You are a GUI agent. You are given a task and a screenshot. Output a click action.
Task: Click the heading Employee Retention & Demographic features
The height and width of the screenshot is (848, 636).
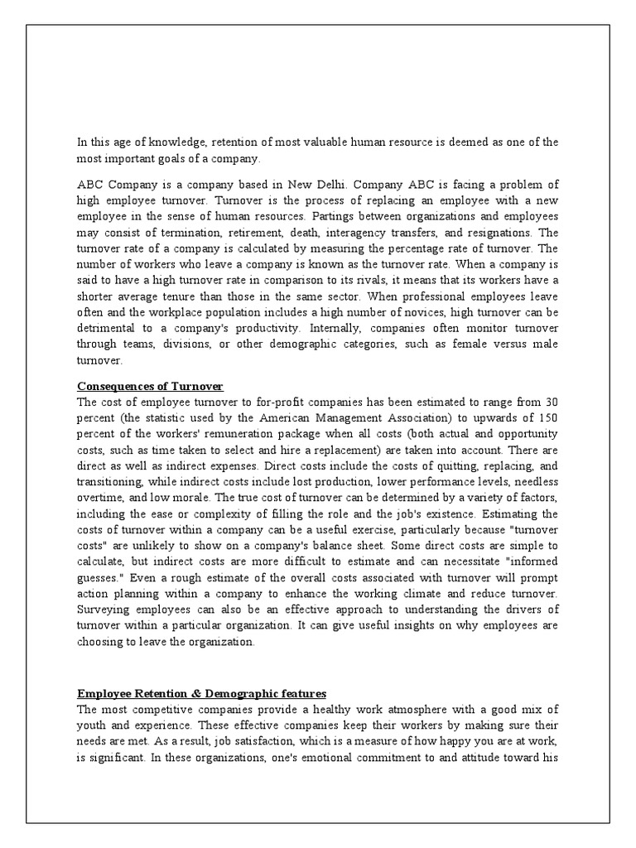(x=202, y=692)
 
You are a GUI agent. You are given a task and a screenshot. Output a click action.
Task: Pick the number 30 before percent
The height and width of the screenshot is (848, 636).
(x=549, y=402)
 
